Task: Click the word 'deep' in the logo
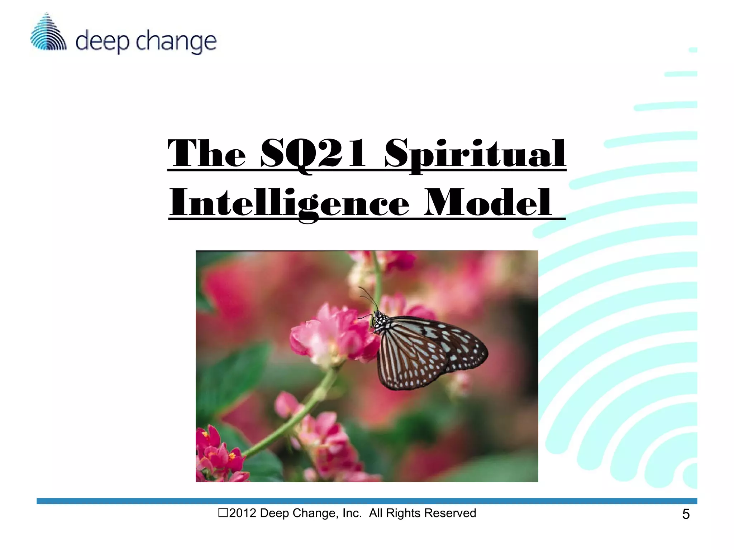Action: (102, 42)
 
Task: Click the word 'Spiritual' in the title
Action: (475, 154)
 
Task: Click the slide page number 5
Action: (686, 514)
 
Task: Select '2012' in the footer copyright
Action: (243, 513)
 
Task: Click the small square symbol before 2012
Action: (223, 513)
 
